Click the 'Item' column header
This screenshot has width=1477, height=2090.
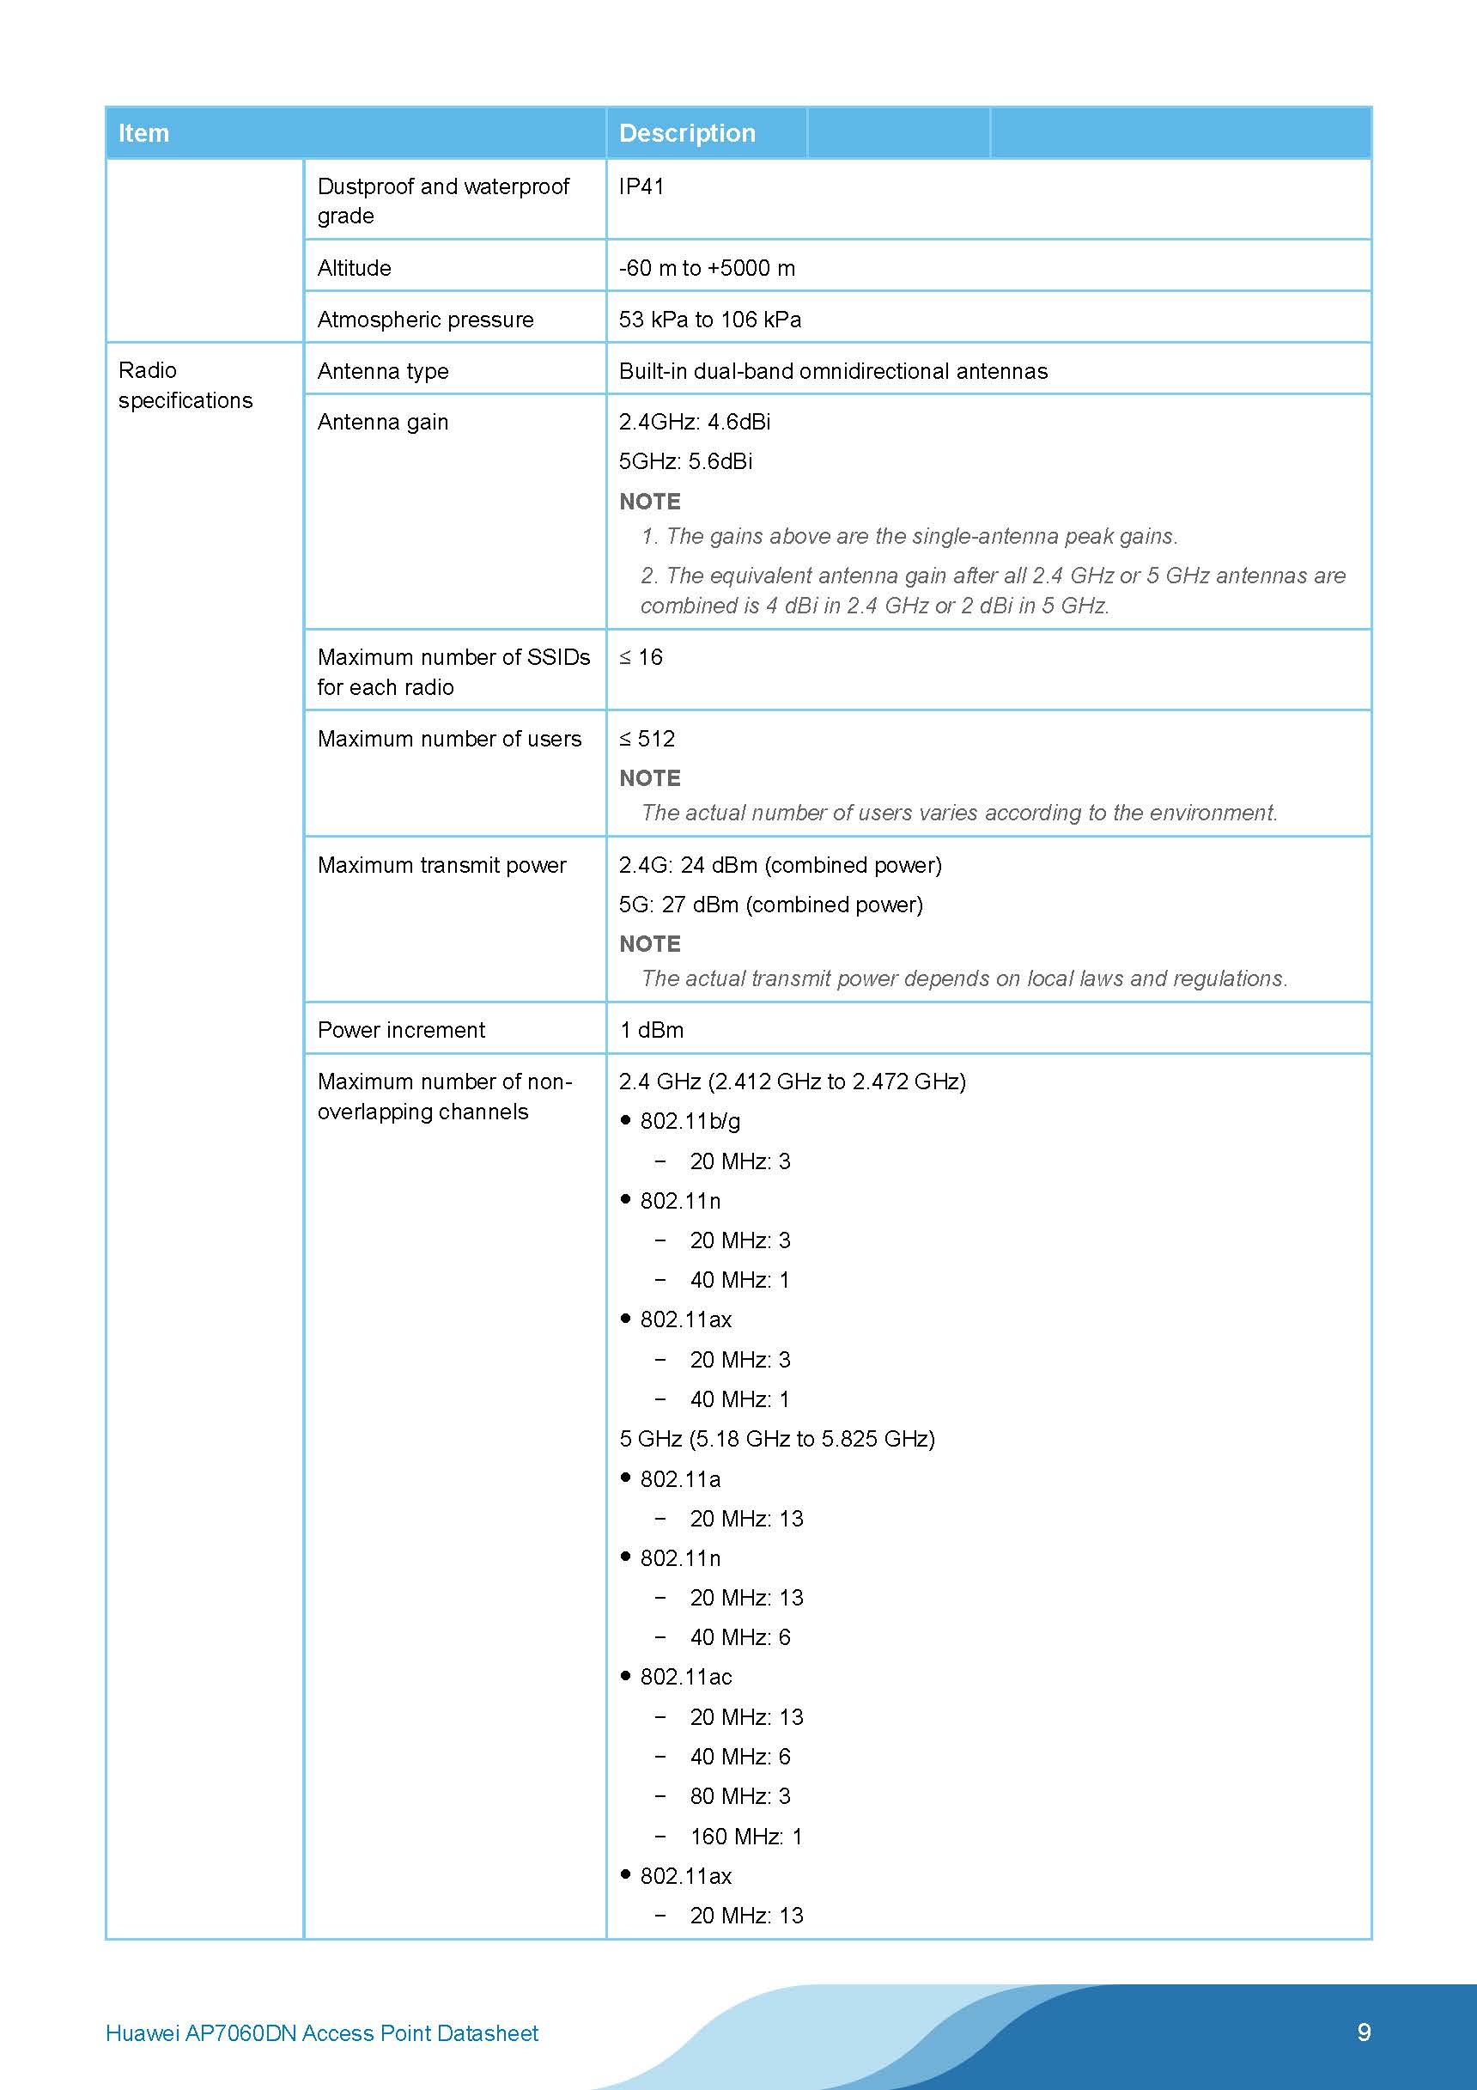click(x=143, y=133)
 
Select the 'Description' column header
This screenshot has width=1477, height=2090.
click(x=686, y=133)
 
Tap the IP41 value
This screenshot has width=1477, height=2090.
click(x=641, y=186)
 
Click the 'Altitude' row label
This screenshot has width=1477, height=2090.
click(x=354, y=268)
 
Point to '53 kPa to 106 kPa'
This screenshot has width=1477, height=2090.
click(x=710, y=320)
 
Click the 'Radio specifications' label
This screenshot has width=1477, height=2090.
click(x=185, y=385)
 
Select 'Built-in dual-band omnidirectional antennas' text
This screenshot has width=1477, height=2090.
click(x=833, y=371)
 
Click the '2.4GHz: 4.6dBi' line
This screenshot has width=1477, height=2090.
click(x=695, y=422)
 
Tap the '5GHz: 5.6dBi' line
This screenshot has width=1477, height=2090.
click(x=685, y=461)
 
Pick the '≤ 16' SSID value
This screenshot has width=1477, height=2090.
click(x=641, y=657)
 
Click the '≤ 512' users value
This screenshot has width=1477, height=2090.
click(x=647, y=738)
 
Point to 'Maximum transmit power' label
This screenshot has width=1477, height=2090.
click(x=441, y=865)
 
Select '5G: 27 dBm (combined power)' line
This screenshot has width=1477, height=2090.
click(x=771, y=905)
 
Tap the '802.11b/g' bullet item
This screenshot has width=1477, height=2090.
click(x=690, y=1122)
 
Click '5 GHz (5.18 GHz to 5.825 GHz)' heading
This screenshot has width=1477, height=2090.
click(x=777, y=1439)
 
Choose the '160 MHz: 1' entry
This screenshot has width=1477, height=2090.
click(x=745, y=1837)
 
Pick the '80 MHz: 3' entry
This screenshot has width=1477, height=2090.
click(x=740, y=1797)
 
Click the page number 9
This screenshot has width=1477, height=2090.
click(x=1364, y=2032)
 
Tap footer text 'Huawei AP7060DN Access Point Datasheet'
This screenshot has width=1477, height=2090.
click(x=322, y=2033)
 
